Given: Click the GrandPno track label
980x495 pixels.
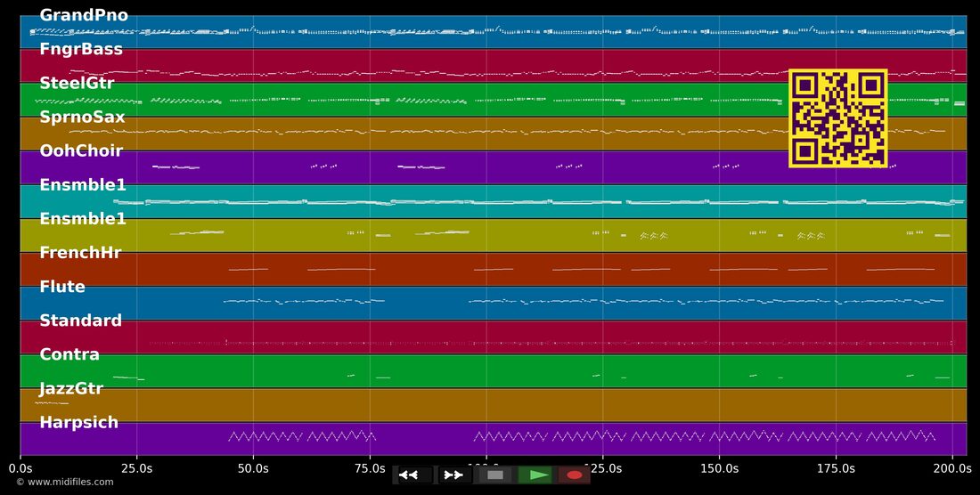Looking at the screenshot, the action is click(84, 16).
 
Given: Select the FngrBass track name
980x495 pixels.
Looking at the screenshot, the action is click(81, 49).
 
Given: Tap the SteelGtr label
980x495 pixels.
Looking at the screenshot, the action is click(77, 83).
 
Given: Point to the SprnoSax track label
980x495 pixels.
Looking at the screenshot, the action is click(82, 118).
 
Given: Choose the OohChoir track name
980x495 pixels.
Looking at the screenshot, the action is click(81, 151).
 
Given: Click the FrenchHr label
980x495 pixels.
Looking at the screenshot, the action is click(80, 253).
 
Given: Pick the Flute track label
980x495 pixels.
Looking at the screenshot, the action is click(62, 287).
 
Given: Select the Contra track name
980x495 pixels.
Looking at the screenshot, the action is click(69, 354).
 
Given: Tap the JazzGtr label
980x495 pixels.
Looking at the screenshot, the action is click(71, 389).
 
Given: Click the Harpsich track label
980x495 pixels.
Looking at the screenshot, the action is click(78, 423).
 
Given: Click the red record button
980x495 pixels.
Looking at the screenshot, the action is click(575, 475).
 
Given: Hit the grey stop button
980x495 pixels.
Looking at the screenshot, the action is click(495, 475).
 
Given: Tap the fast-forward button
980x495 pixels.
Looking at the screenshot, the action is click(454, 475).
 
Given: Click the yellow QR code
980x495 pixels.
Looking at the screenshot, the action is click(838, 118).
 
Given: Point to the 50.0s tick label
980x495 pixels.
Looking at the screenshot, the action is click(253, 468).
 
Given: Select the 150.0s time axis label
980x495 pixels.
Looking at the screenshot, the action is click(719, 468).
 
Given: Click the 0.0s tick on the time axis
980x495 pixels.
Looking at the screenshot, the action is click(20, 468).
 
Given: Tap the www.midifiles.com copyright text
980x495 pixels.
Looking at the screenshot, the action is click(65, 482).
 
